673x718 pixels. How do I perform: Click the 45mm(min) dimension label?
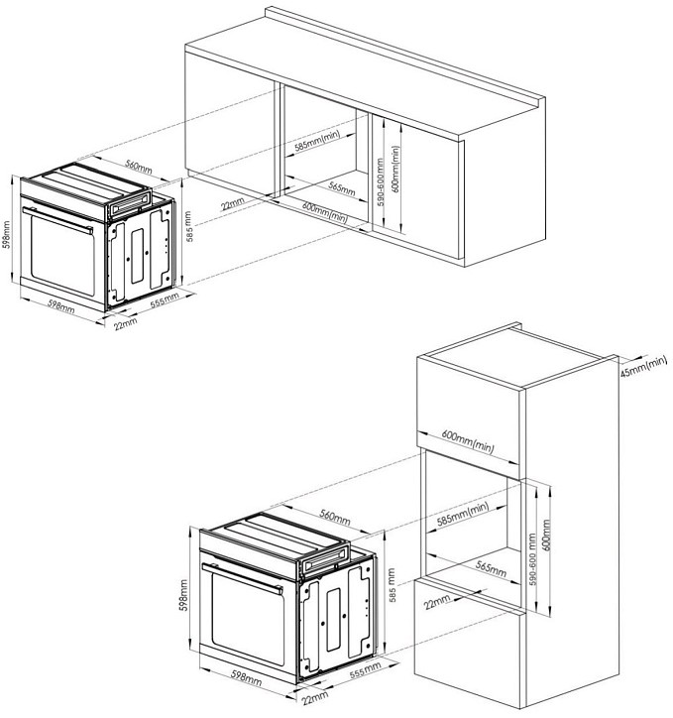(x=643, y=367)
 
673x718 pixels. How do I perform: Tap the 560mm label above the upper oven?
(x=139, y=168)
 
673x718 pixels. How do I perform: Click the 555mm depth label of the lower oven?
(x=365, y=670)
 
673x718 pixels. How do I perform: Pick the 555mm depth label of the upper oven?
(x=165, y=301)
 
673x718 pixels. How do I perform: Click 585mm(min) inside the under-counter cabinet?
(x=317, y=141)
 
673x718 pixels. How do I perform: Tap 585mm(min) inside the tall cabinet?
(x=463, y=515)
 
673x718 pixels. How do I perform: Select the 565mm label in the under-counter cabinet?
(x=342, y=188)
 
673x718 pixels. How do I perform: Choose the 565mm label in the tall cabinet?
(x=491, y=568)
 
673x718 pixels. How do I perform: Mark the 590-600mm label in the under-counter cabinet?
(x=381, y=182)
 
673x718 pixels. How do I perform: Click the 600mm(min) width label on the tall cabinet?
(x=468, y=441)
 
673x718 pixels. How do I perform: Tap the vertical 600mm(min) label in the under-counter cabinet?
(x=395, y=169)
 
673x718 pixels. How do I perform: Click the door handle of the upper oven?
(x=58, y=220)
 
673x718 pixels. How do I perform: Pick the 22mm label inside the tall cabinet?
(x=437, y=602)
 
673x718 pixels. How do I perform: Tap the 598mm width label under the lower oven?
(x=247, y=677)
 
